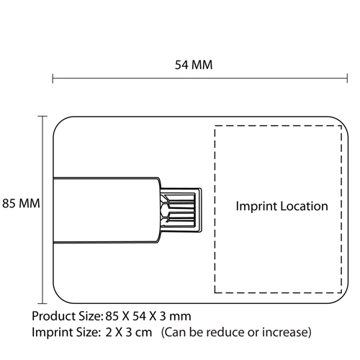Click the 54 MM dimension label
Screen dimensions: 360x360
(x=194, y=65)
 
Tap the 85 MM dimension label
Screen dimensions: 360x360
(x=21, y=203)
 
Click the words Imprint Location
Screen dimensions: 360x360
(x=282, y=206)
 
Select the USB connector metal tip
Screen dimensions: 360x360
(x=181, y=210)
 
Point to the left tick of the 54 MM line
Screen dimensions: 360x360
(x=53, y=78)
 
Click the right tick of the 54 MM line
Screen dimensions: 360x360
(x=347, y=78)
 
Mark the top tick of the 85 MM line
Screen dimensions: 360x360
(x=42, y=117)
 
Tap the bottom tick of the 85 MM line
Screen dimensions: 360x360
(x=42, y=303)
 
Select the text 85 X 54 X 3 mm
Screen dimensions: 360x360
(x=148, y=316)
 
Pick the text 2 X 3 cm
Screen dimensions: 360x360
(x=129, y=333)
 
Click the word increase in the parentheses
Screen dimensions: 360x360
(x=284, y=333)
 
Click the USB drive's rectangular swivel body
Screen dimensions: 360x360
(x=106, y=210)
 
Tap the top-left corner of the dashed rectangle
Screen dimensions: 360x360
(x=215, y=126)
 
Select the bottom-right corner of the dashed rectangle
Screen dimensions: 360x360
(x=341, y=293)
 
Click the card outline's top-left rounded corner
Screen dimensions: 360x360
(x=59, y=122)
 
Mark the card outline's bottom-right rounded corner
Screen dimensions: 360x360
(x=342, y=297)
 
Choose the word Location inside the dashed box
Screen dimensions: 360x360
(x=304, y=206)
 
